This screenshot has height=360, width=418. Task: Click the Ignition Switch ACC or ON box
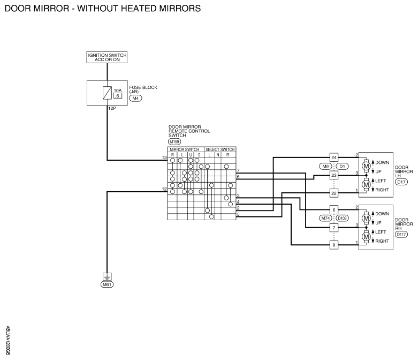pos(107,57)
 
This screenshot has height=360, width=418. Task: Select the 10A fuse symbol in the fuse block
pos(107,93)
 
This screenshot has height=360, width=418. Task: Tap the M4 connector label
pos(136,98)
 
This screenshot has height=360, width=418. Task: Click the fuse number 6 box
pos(118,95)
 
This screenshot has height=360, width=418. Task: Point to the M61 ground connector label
pos(107,284)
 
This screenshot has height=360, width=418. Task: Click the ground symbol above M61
pos(107,276)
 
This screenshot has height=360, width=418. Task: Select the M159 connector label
pos(174,141)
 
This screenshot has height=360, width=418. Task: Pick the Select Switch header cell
pos(220,149)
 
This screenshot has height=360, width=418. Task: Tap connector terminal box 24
pos(334,157)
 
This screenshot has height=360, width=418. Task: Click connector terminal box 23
pos(334,175)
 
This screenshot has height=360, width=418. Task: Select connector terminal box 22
pos(334,193)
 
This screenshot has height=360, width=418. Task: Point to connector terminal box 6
pos(334,210)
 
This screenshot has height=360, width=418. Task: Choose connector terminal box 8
pos(334,245)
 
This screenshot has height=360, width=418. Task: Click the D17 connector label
pos(401,182)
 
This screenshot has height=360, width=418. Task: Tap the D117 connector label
pos(401,235)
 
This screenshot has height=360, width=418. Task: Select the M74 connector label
pos(326,218)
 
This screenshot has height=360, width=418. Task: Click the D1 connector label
pos(343,167)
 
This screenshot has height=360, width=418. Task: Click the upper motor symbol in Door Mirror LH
pos(366,166)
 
